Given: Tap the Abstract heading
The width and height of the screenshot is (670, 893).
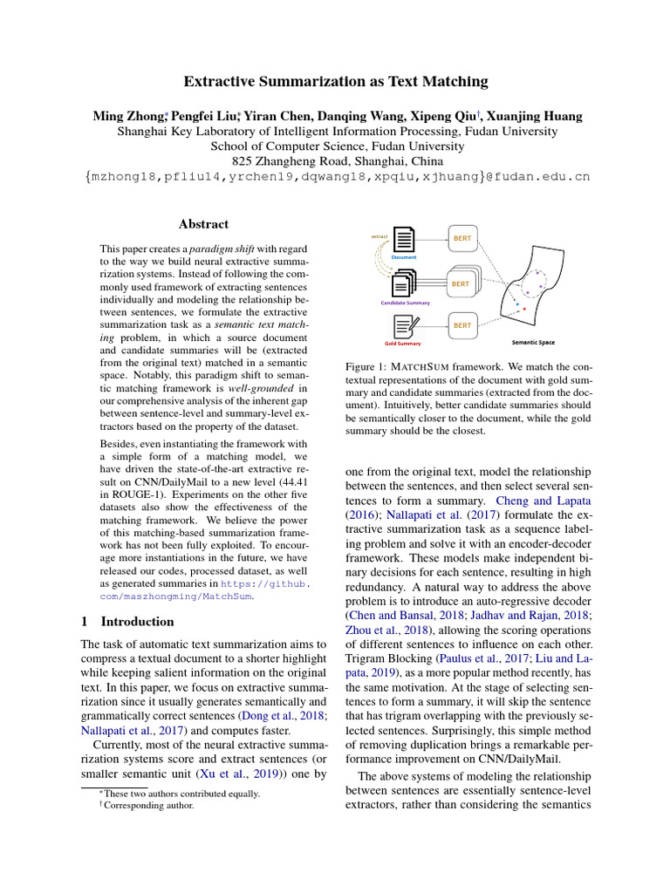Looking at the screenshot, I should (x=203, y=224).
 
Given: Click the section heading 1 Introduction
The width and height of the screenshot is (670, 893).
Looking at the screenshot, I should (x=127, y=622).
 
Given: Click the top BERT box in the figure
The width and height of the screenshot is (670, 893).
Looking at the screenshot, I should (x=461, y=237).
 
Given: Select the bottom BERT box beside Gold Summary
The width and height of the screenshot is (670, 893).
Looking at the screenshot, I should (x=461, y=326).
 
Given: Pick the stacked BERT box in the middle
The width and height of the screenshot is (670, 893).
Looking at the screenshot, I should (x=461, y=283).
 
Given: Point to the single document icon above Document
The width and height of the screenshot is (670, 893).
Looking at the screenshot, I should (x=404, y=240).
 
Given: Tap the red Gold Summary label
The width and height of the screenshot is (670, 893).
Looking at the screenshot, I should (x=403, y=344).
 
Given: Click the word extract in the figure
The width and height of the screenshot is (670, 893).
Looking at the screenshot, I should (x=379, y=236).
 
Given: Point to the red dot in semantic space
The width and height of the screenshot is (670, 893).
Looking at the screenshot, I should (x=524, y=307).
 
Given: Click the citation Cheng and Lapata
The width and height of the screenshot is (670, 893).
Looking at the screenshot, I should (x=544, y=501).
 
